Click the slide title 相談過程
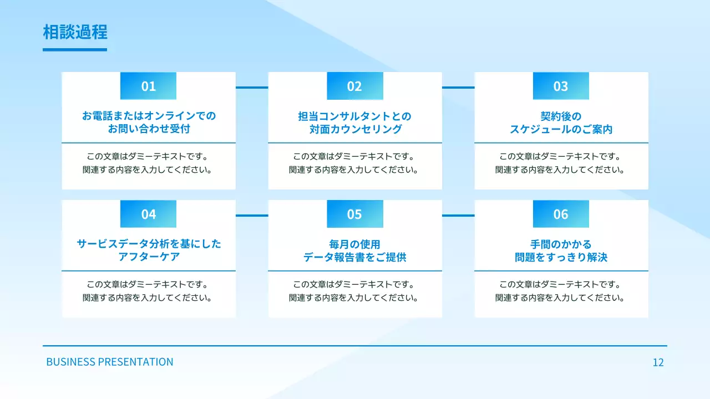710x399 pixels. point(75,32)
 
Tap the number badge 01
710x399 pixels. point(148,86)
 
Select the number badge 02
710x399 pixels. point(354,86)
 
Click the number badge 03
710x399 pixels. point(561,86)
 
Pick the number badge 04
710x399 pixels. point(148,214)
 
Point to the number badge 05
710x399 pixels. point(354,214)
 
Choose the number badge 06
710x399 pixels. point(561,214)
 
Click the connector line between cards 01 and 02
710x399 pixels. point(252,88)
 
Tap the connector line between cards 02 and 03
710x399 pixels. point(458,88)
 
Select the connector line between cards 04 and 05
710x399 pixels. point(252,216)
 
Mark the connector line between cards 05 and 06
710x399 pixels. point(458,216)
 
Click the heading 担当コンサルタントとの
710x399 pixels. point(355,116)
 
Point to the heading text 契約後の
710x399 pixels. point(561,116)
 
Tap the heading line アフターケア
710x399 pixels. point(149,258)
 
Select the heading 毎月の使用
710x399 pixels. point(355,244)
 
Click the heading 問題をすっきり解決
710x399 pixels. point(561,258)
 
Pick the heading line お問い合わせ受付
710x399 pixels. point(149,130)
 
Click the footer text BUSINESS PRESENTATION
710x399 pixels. point(110,362)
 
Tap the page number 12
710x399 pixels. point(658,363)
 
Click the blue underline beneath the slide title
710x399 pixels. point(75,50)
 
